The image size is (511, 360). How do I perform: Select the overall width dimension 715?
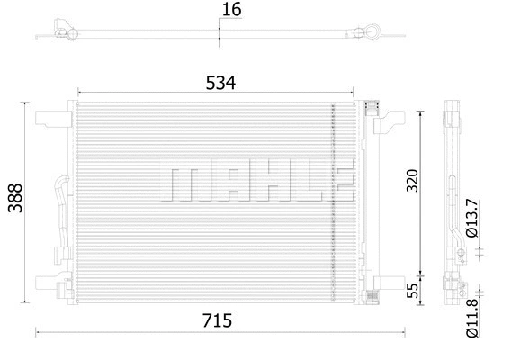tap(218, 320)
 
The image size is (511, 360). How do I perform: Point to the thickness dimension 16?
tap(232, 11)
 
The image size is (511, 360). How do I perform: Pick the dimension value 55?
tap(413, 290)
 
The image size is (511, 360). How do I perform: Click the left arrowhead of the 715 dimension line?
tap(39, 332)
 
